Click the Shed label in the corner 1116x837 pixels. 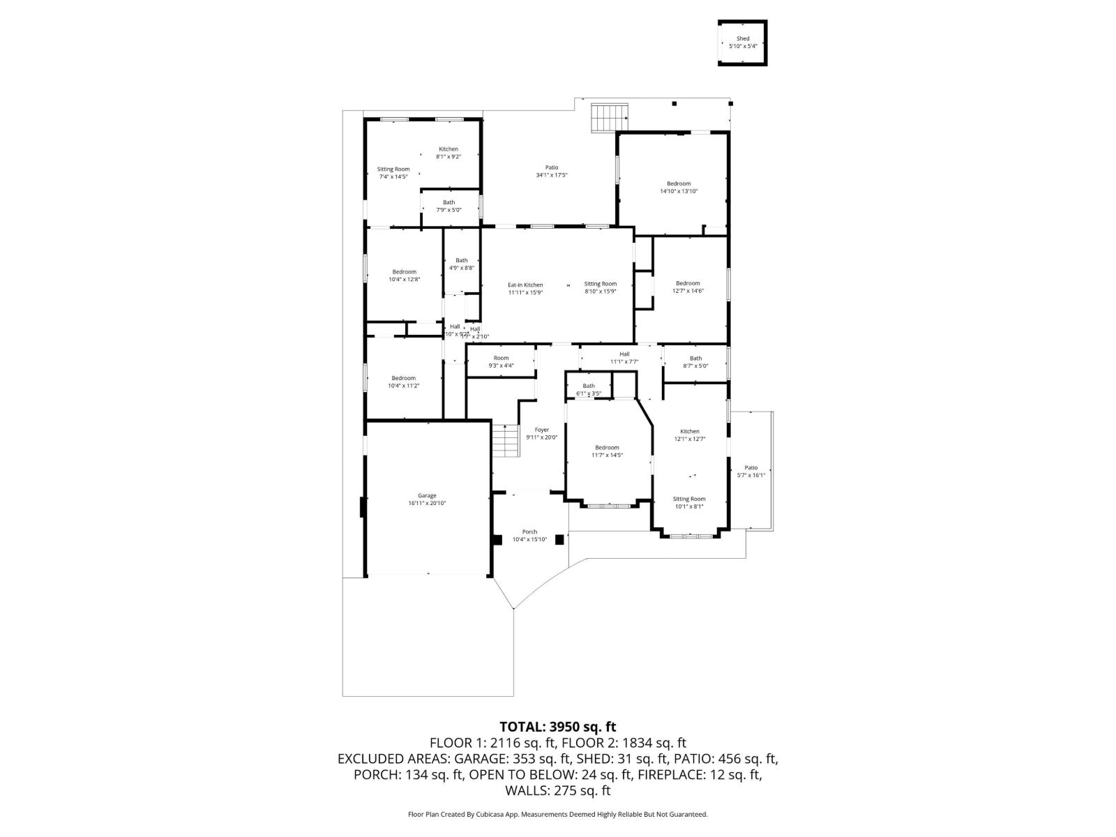(743, 39)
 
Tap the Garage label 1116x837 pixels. (427, 496)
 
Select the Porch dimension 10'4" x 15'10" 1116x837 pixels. (530, 539)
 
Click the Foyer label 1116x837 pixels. (542, 430)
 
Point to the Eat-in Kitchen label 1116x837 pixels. (525, 285)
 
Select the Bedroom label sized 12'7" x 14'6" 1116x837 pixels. (688, 283)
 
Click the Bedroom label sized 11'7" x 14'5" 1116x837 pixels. (607, 448)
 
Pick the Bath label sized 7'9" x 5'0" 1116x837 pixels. (448, 202)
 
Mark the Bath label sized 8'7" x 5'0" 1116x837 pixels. (695, 358)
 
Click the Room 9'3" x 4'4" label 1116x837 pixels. (501, 358)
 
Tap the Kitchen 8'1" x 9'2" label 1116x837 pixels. (448, 149)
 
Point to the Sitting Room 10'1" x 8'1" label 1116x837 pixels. (689, 499)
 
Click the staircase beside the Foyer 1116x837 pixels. (506, 440)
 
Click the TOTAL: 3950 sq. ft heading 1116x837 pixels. (557, 727)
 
